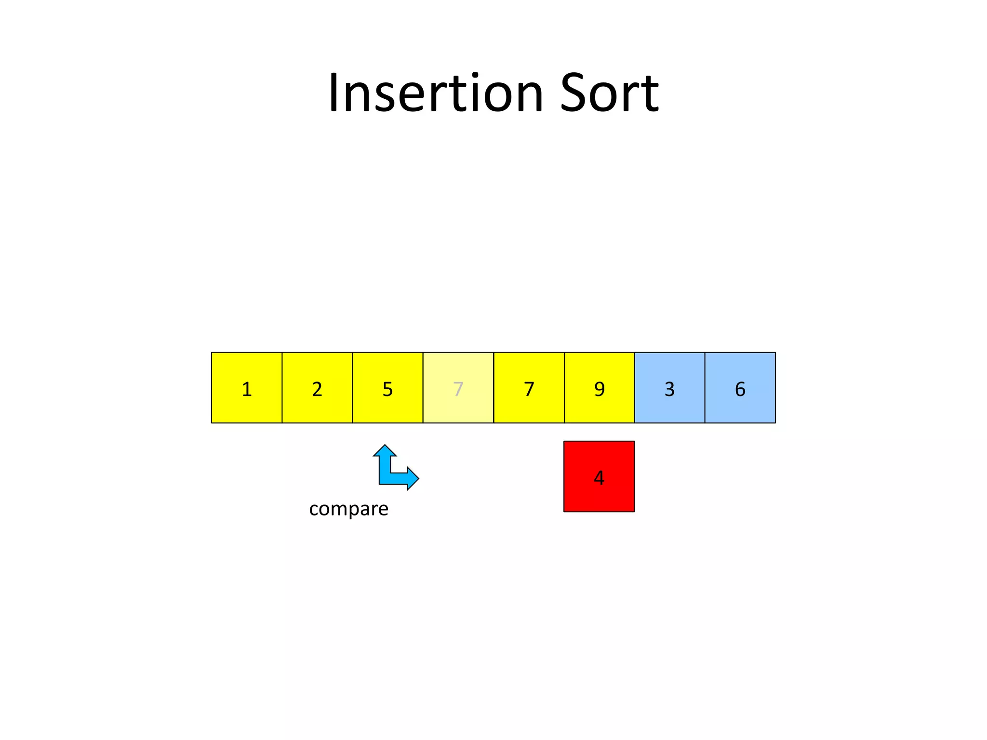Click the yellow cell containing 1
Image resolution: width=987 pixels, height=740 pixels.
(247, 388)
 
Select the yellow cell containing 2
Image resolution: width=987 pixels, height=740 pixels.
(317, 388)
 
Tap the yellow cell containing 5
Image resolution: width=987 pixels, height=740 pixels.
(387, 388)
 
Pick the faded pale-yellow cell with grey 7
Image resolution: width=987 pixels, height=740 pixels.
(458, 388)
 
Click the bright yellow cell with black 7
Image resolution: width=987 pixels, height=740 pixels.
(529, 388)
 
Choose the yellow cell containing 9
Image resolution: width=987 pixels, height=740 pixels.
(599, 388)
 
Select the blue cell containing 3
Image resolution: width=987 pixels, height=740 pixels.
(669, 388)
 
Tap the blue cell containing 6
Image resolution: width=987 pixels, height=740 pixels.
(740, 388)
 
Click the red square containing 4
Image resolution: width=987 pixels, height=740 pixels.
(599, 476)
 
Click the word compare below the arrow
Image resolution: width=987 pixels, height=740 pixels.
(348, 509)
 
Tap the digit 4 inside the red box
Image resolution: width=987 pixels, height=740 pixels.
(599, 477)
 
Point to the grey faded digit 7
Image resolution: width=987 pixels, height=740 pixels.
(458, 389)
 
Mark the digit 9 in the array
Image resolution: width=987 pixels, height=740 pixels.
(599, 389)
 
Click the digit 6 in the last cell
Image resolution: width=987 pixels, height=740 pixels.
(740, 389)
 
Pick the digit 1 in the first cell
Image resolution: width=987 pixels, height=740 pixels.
(247, 389)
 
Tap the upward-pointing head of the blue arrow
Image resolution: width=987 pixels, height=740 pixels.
(385, 451)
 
